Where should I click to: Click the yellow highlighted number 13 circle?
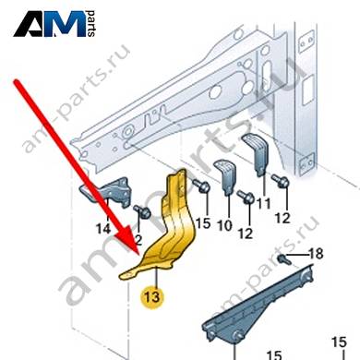(152, 297)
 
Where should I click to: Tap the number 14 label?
(103, 229)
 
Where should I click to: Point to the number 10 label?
(225, 225)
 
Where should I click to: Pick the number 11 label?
(264, 203)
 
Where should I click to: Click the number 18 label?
(316, 254)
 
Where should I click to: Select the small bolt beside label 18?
(283, 259)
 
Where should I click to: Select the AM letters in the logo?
(49, 24)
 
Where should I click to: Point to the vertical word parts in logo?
(91, 24)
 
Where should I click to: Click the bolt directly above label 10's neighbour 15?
(201, 186)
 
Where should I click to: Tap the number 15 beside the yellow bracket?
(203, 223)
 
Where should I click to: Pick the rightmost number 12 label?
(282, 218)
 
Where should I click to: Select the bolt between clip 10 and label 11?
(246, 197)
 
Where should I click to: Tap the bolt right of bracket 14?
(142, 212)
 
